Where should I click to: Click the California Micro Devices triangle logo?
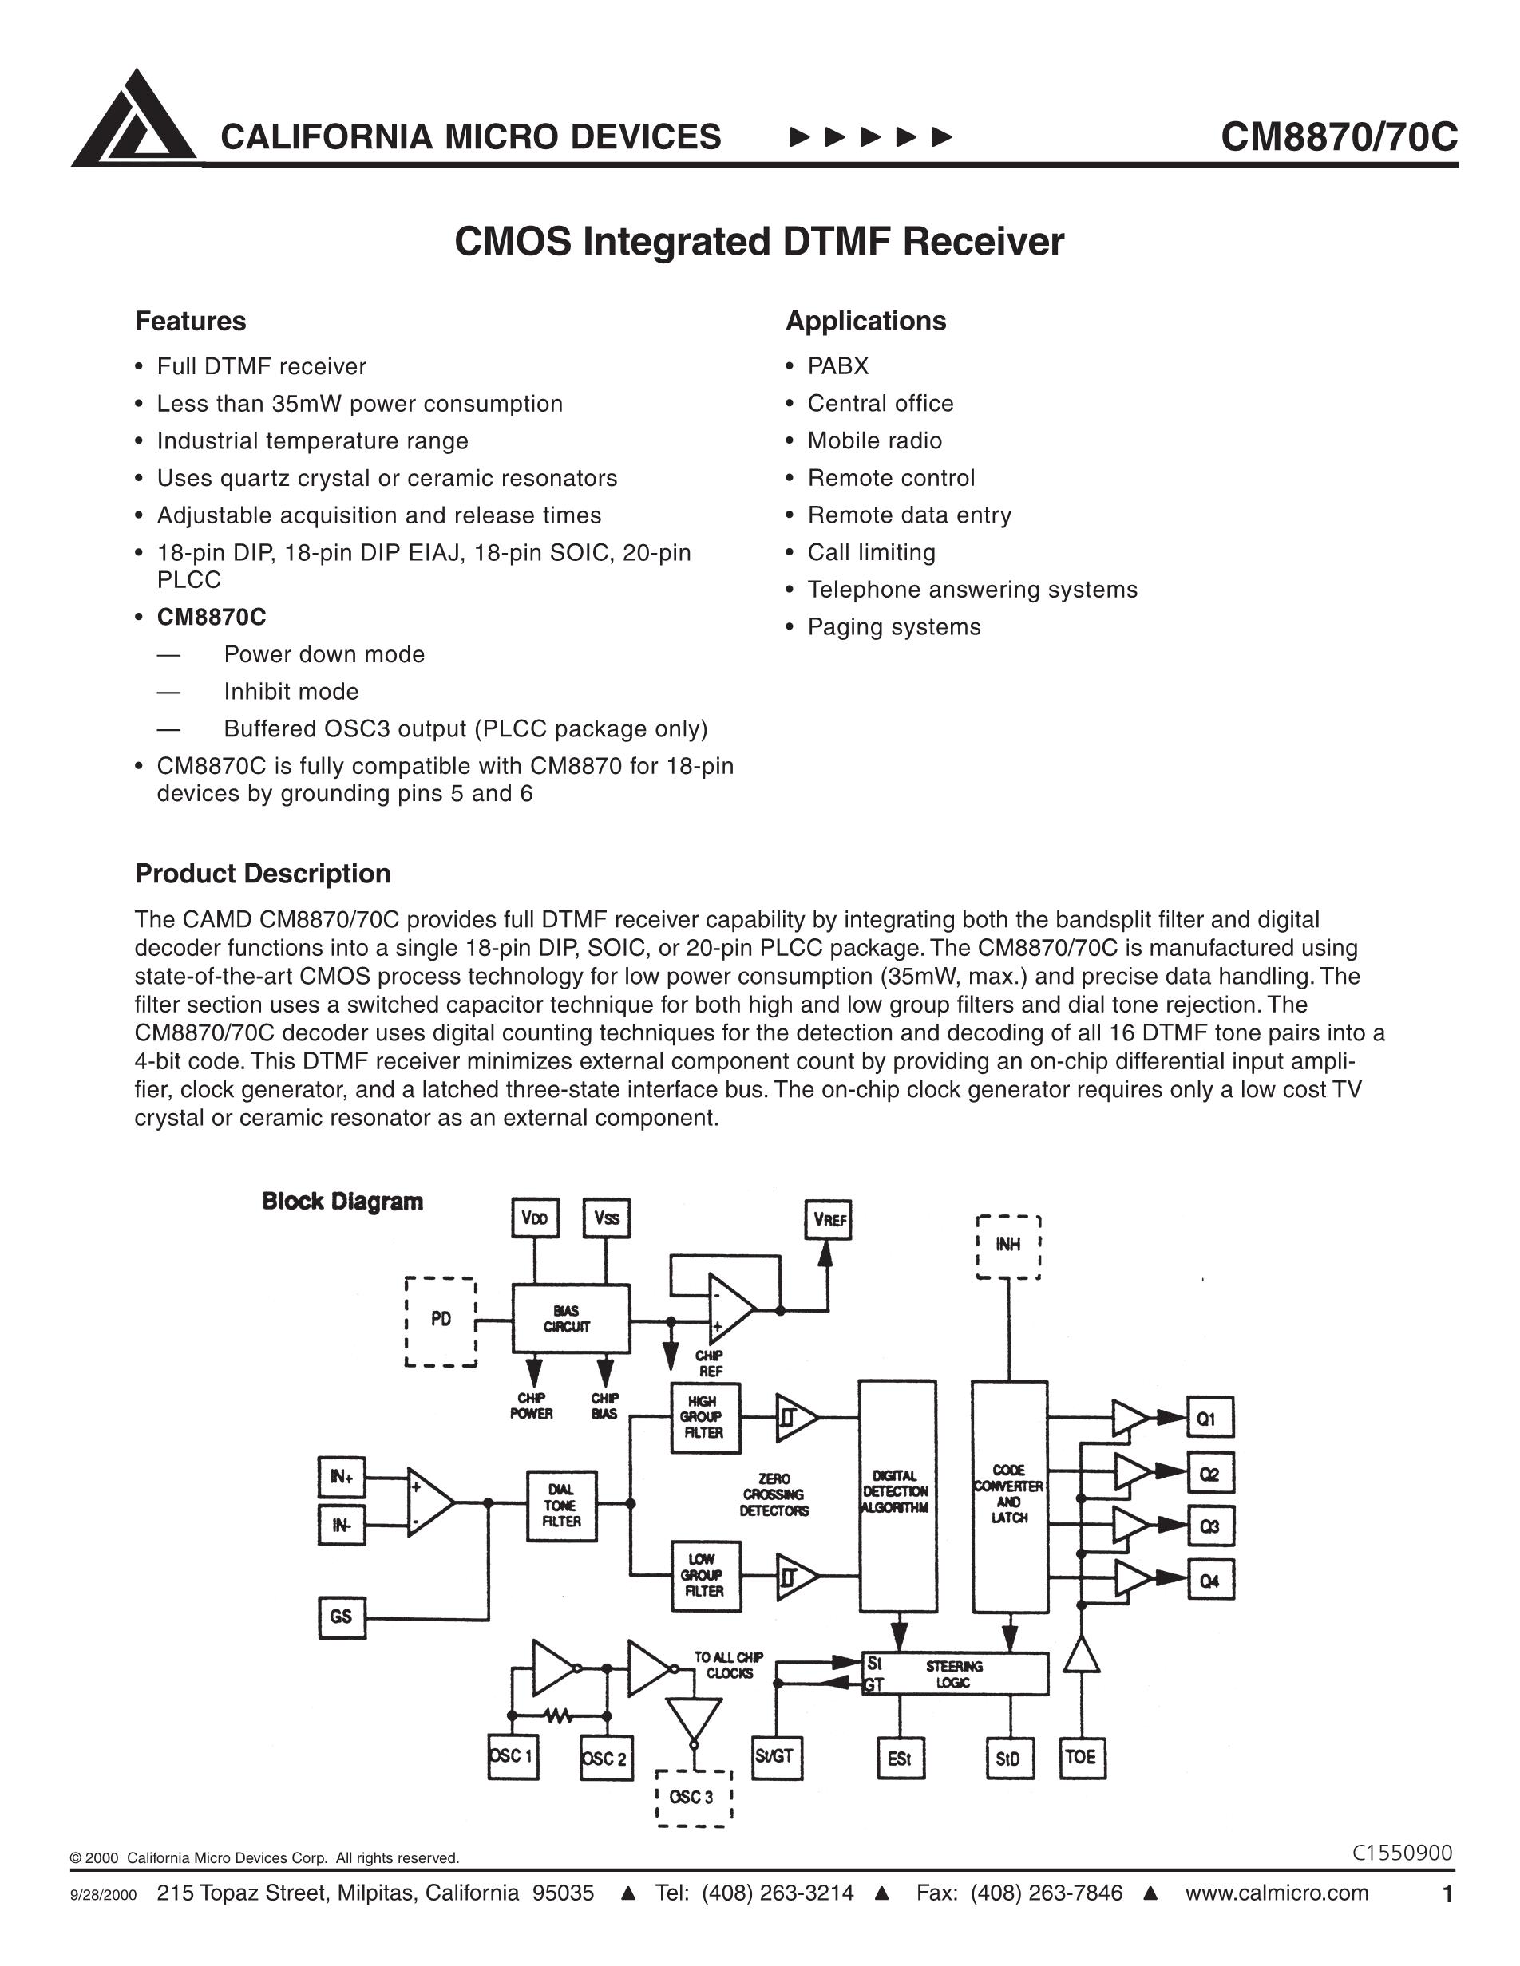tap(134, 119)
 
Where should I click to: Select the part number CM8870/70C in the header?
tap(1338, 136)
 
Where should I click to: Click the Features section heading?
tap(190, 322)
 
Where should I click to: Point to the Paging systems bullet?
tap(893, 626)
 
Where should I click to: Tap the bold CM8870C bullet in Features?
tap(212, 617)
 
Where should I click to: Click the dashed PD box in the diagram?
tap(441, 1320)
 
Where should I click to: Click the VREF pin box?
tap(828, 1220)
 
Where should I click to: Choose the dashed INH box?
tap(1008, 1246)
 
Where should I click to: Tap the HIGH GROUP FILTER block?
tap(706, 1418)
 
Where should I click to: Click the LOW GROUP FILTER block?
tap(706, 1575)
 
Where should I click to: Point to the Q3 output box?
tap(1209, 1526)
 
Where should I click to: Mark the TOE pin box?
tap(1081, 1756)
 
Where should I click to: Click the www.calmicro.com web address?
tap(1276, 1893)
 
